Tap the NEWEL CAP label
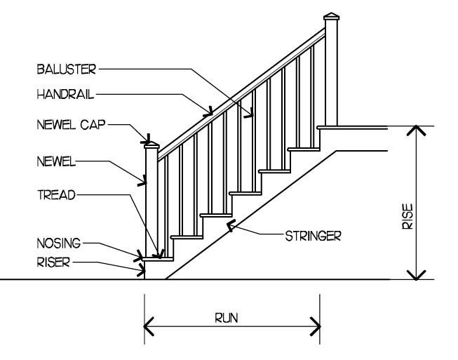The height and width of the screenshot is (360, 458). [x=71, y=126]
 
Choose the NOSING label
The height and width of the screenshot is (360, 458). [x=59, y=243]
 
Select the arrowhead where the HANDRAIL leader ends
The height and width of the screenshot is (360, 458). [x=209, y=109]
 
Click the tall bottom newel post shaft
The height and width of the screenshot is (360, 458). [x=151, y=204]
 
